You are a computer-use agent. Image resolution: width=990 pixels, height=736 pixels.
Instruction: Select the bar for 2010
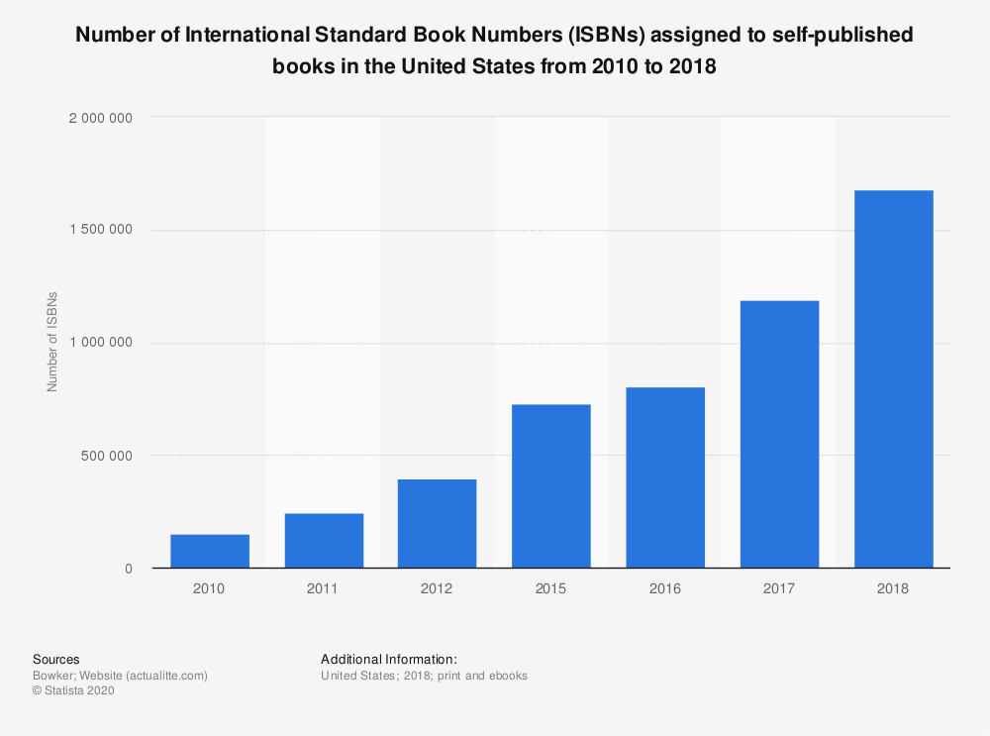pos(210,551)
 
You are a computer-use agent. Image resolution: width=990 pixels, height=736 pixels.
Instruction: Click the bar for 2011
pos(324,541)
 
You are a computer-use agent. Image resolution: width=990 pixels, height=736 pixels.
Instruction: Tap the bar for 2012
pos(437,524)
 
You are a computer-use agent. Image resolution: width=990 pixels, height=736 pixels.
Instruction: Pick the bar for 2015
pos(550,486)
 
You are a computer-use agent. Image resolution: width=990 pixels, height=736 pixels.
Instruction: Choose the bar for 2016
pos(664,477)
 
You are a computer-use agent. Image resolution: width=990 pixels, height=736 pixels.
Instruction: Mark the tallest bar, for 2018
pos(893,379)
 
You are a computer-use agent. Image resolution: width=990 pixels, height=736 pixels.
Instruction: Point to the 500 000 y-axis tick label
pos(109,456)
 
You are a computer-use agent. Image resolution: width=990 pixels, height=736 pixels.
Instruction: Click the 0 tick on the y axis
pos(128,569)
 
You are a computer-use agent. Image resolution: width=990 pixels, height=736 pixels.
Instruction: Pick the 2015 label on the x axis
pos(550,588)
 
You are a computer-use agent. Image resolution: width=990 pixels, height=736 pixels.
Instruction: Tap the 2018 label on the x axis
pos(893,588)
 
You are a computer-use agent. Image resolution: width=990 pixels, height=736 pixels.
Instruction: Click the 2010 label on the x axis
pos(210,588)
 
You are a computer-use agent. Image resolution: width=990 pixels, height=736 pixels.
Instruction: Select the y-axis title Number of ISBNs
pos(53,343)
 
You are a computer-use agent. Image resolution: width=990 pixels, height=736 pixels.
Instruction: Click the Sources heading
pos(56,659)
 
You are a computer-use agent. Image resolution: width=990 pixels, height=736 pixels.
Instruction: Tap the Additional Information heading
pos(389,659)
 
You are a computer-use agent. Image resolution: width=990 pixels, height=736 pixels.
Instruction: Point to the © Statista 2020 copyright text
pos(73,691)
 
